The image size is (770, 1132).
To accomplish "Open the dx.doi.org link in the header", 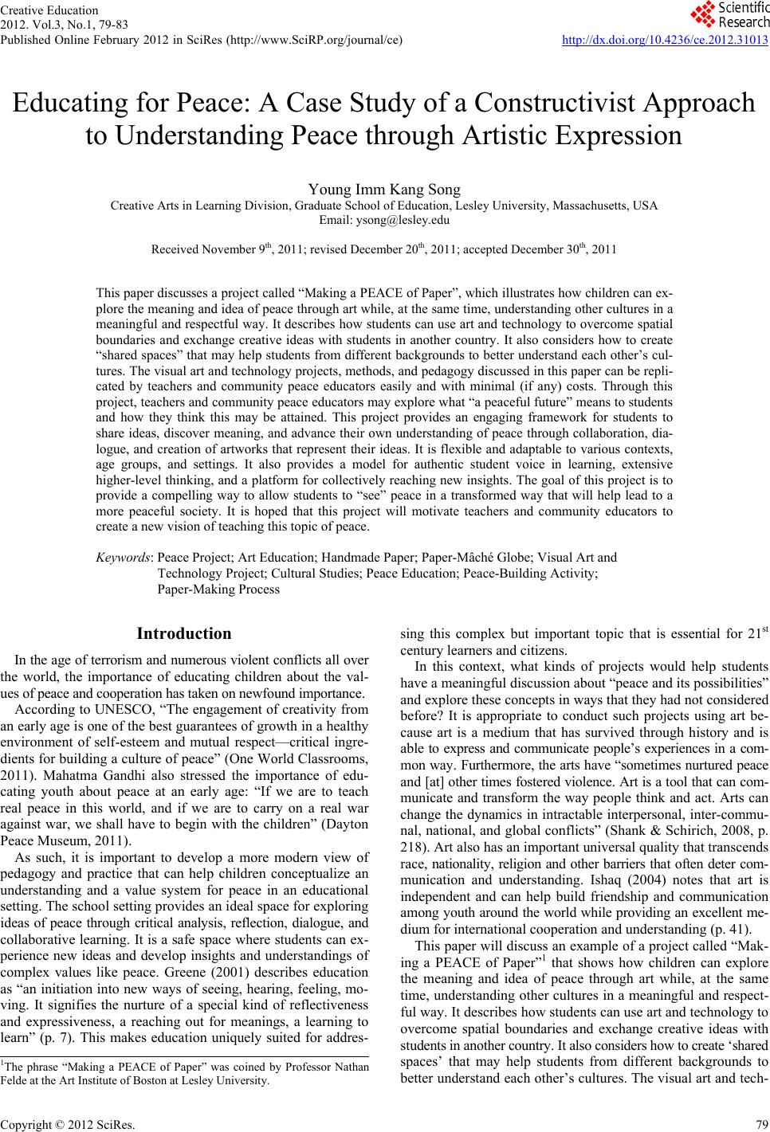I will pyautogui.click(x=664, y=39).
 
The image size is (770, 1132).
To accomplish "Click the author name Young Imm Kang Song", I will pyautogui.click(x=384, y=190).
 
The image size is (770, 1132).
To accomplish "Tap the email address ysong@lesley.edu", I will pyautogui.click(x=384, y=219).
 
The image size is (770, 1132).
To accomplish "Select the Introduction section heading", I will pyautogui.click(x=184, y=634).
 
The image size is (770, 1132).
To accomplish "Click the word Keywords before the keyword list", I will pyautogui.click(x=124, y=558).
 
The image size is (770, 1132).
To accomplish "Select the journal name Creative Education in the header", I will pyautogui.click(x=49, y=10).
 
